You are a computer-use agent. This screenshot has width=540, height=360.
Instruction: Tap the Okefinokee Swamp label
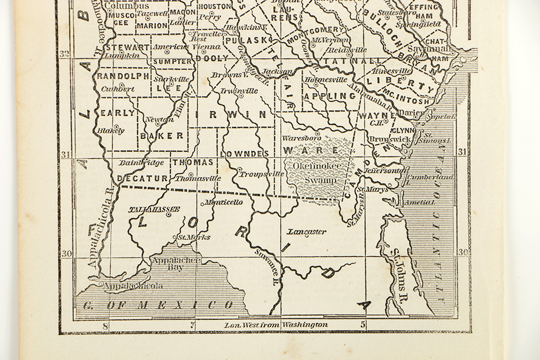[314, 173]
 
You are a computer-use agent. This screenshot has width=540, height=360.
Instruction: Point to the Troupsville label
[262, 174]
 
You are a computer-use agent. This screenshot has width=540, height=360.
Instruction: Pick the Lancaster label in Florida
[306, 232]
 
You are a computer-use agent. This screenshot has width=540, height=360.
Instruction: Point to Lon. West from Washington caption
[276, 324]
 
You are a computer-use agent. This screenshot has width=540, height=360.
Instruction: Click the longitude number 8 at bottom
[105, 325]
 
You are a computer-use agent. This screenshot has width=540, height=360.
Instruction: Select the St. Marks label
[194, 236]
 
